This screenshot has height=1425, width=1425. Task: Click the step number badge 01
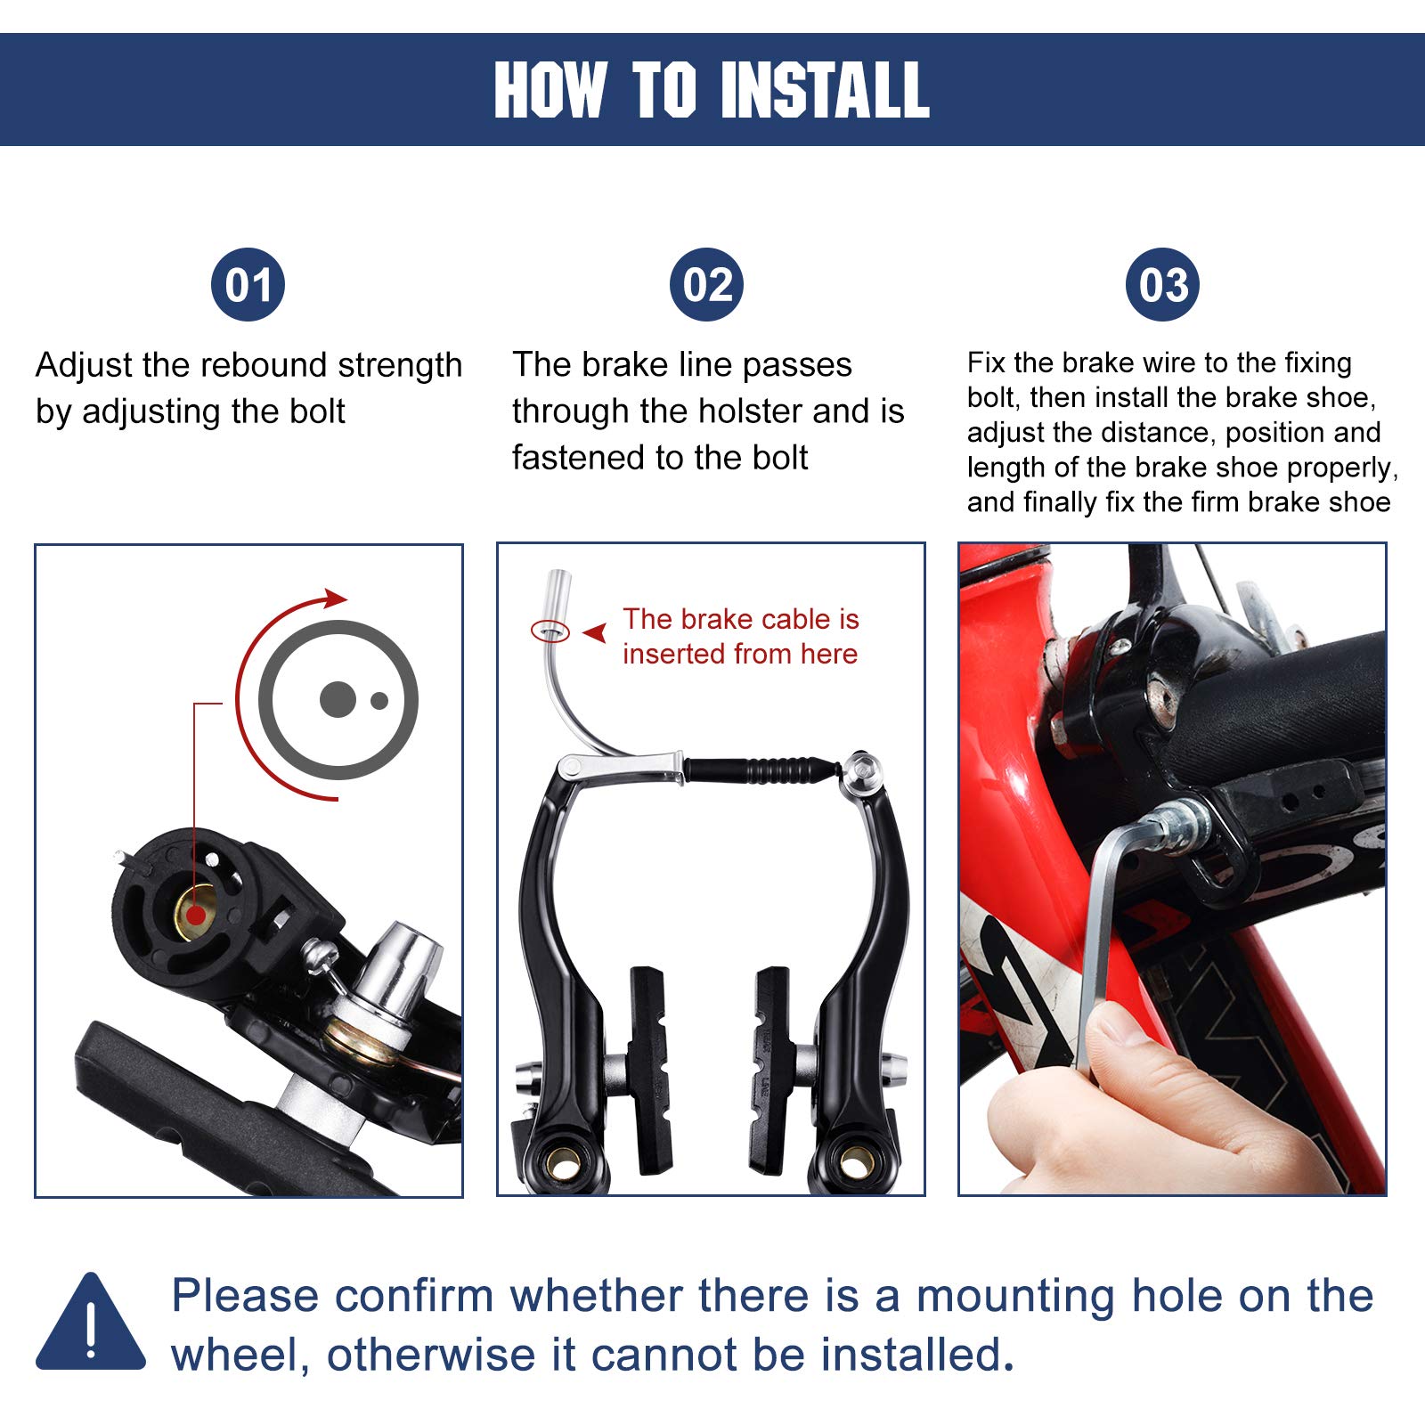248,285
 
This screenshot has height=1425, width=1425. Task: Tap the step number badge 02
707,285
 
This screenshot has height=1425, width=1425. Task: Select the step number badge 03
1163,285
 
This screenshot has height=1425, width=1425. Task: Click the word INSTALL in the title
825,90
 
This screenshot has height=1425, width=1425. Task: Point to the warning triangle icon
91,1322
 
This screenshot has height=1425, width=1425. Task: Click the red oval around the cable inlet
550,631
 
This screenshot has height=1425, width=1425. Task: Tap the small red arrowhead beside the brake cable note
595,632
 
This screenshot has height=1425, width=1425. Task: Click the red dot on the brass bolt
196,914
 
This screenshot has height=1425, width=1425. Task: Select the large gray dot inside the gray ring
338,700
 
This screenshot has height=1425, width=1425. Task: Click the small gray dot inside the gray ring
379,701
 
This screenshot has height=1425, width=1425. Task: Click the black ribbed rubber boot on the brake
762,769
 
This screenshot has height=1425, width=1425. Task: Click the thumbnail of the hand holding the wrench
1173,869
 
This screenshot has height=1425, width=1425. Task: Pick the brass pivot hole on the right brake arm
856,1161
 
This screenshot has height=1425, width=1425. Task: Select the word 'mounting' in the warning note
1015,1298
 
